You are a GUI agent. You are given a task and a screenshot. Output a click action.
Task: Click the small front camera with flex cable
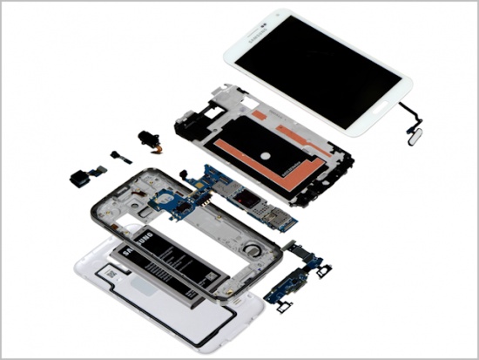[x=117, y=157]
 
